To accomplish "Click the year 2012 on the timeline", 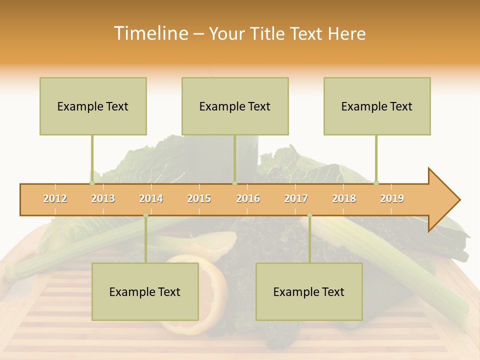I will click(55, 198).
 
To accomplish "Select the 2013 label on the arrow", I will click(103, 198).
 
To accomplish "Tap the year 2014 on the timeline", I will click(151, 198).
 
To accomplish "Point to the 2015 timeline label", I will click(199, 198).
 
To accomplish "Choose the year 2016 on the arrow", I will click(248, 198).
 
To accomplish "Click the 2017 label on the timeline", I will click(296, 198).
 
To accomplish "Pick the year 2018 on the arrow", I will click(344, 198).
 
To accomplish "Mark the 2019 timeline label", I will click(392, 198).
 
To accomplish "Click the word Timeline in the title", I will click(149, 33).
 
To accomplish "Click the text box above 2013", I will click(93, 106).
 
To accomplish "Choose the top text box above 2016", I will click(235, 106).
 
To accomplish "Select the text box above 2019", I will click(377, 106).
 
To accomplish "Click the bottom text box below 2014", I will click(145, 291).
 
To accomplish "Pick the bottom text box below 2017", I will click(309, 291).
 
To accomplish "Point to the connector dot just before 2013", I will click(92, 183).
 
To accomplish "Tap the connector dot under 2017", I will click(309, 215).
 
